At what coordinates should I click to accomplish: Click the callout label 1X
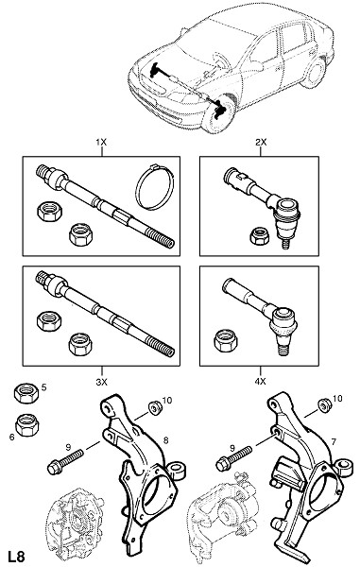point(101,142)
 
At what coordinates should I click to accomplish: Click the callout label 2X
point(261,142)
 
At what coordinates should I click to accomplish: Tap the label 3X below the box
point(101,381)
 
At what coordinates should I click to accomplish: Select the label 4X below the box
point(261,381)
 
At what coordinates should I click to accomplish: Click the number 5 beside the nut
point(44,387)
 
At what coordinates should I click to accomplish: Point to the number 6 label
point(12,438)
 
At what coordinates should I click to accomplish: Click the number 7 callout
point(334,441)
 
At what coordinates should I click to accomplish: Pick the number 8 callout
point(166,440)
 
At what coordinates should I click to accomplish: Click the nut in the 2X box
point(259,236)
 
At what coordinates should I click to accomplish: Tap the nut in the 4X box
point(226,340)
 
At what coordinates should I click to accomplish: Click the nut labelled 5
point(26,393)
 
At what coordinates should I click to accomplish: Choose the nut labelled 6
point(27,425)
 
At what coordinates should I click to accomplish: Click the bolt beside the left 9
point(65,461)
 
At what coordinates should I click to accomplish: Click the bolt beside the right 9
point(233,457)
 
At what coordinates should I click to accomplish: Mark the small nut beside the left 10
point(155,408)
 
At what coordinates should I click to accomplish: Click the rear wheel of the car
point(314,74)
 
